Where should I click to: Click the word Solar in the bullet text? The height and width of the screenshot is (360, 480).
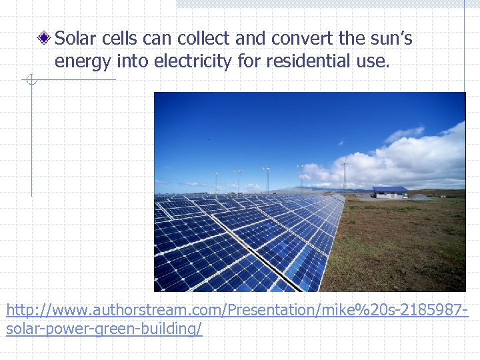(75, 39)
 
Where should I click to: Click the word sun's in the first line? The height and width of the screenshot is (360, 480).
(391, 39)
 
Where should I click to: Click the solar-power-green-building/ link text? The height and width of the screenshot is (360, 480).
(104, 329)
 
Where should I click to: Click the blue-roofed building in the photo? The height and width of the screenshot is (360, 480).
(390, 192)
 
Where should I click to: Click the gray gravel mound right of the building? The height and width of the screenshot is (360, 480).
(420, 196)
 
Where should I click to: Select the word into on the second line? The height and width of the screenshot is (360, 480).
(134, 62)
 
